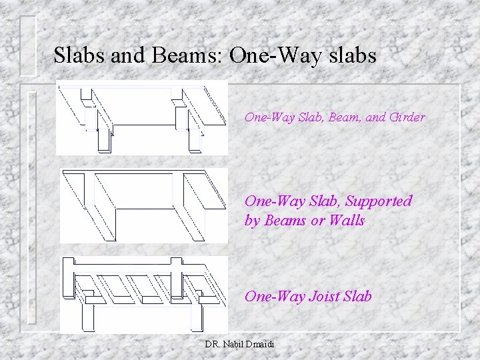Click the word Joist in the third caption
pos(325,296)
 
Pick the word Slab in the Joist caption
pos(358,296)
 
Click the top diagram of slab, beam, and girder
pos(141,119)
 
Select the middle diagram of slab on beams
pos(141,205)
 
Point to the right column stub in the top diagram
pos(194,139)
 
